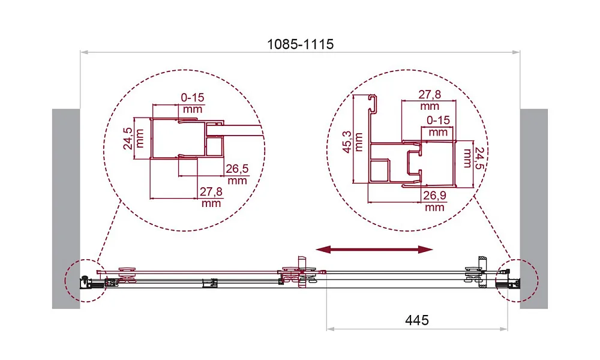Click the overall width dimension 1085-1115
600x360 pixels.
point(300,44)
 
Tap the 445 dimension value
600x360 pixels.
point(417,320)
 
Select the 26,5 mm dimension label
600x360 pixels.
point(237,174)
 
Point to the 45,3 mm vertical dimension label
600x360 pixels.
point(352,142)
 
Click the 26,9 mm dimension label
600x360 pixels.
point(434,201)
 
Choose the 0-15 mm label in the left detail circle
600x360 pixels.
point(193,103)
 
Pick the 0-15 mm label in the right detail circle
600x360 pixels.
point(438,126)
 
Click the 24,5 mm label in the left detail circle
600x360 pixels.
point(134,139)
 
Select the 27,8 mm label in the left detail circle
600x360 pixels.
point(211,197)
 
